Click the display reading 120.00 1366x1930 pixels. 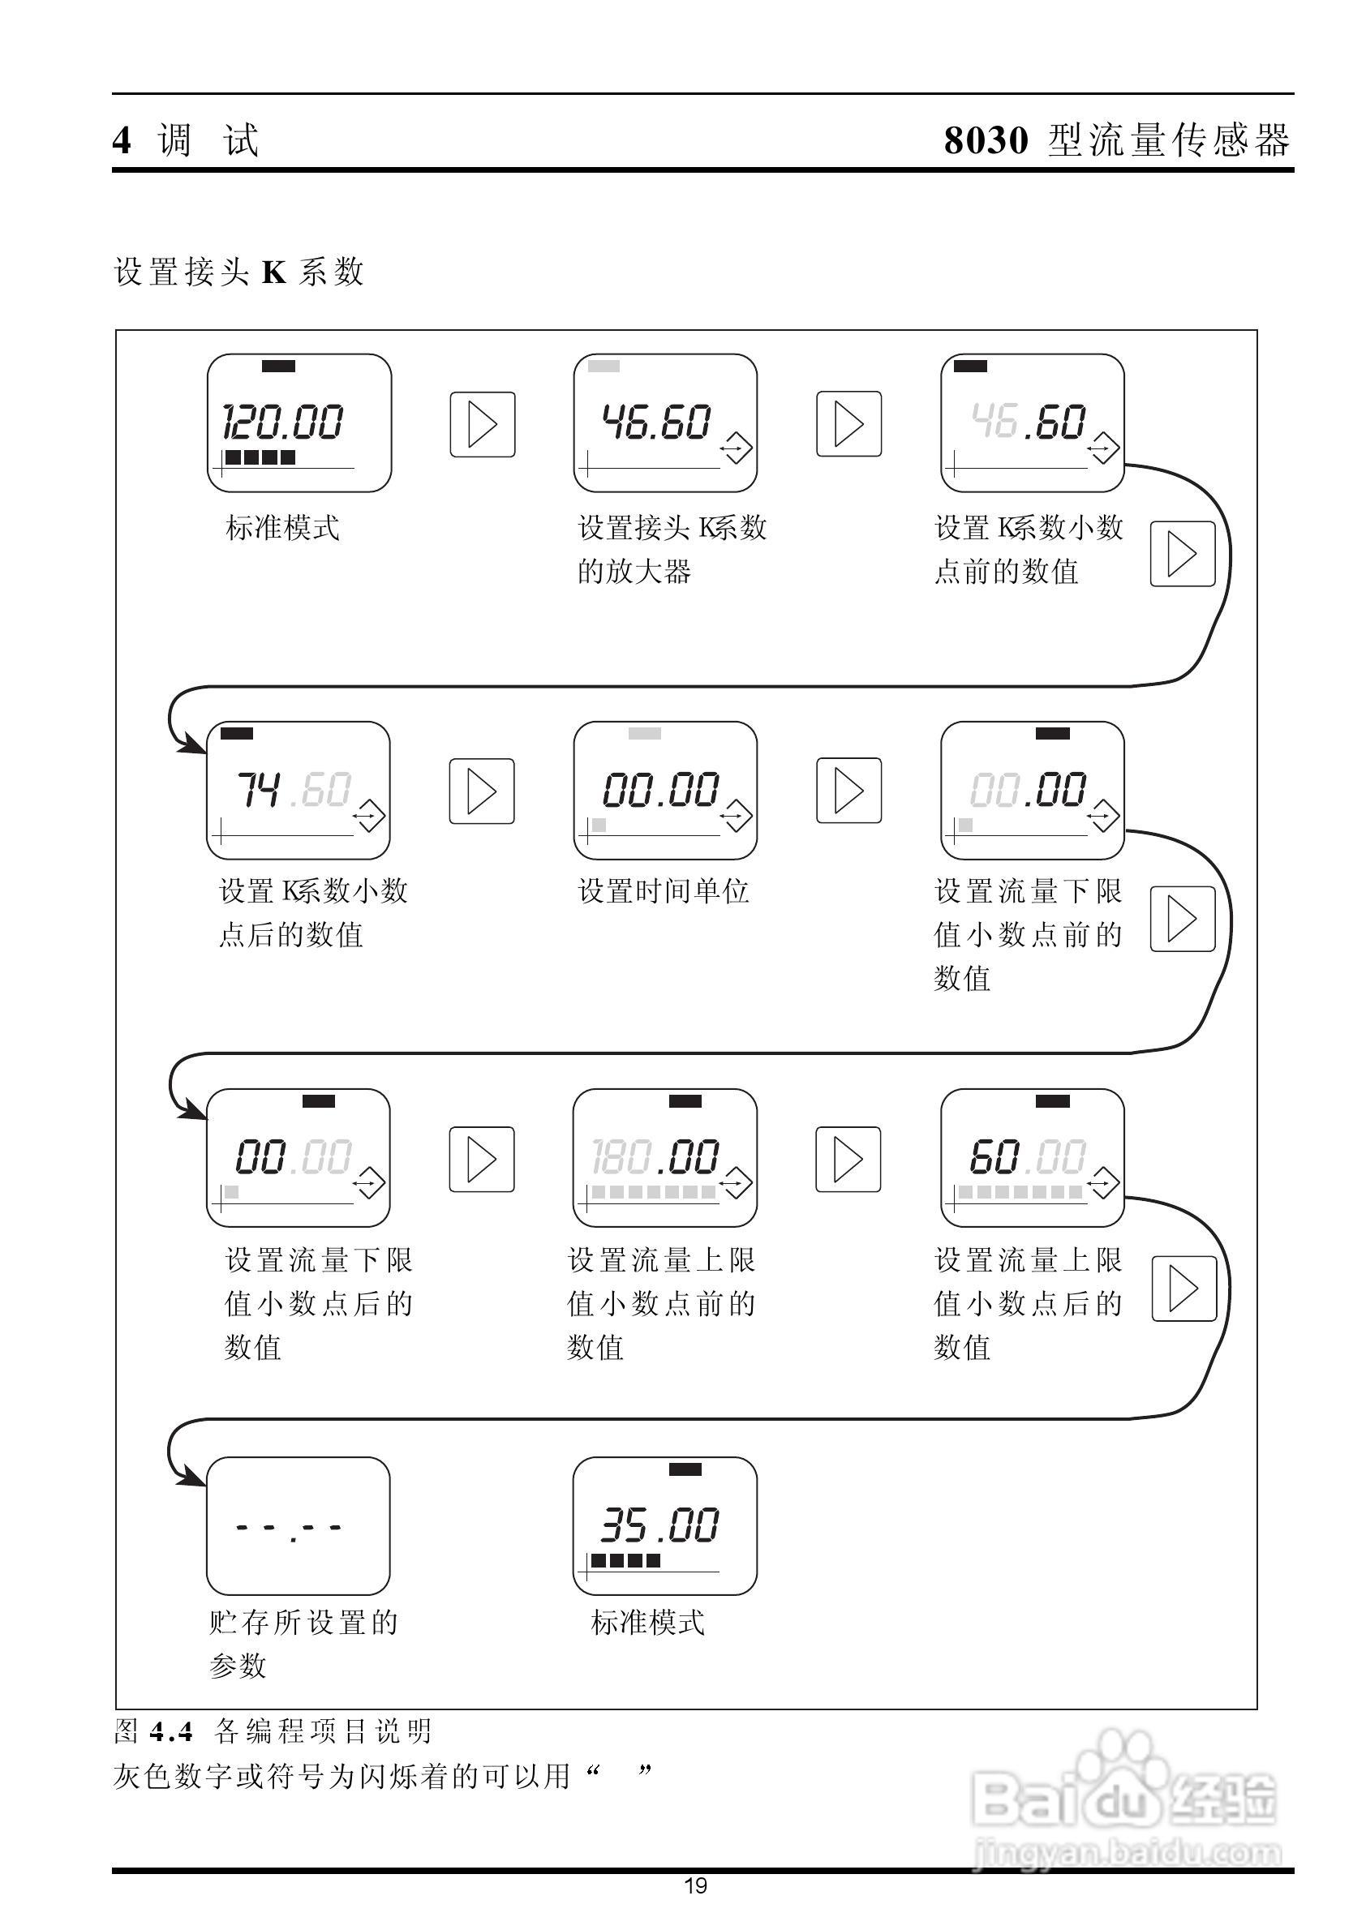tap(299, 423)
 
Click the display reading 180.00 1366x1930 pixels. tap(664, 1158)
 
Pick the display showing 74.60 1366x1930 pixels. tap(298, 791)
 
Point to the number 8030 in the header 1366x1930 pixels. tap(985, 139)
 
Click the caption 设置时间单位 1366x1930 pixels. tap(663, 890)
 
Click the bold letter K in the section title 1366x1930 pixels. tap(274, 272)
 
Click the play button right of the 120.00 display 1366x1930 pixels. tap(482, 424)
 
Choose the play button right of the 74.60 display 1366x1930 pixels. tap(481, 791)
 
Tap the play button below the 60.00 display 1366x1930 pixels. tap(1183, 1289)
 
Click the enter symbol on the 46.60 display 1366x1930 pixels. tap(735, 448)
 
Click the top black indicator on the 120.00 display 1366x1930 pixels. tap(277, 366)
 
